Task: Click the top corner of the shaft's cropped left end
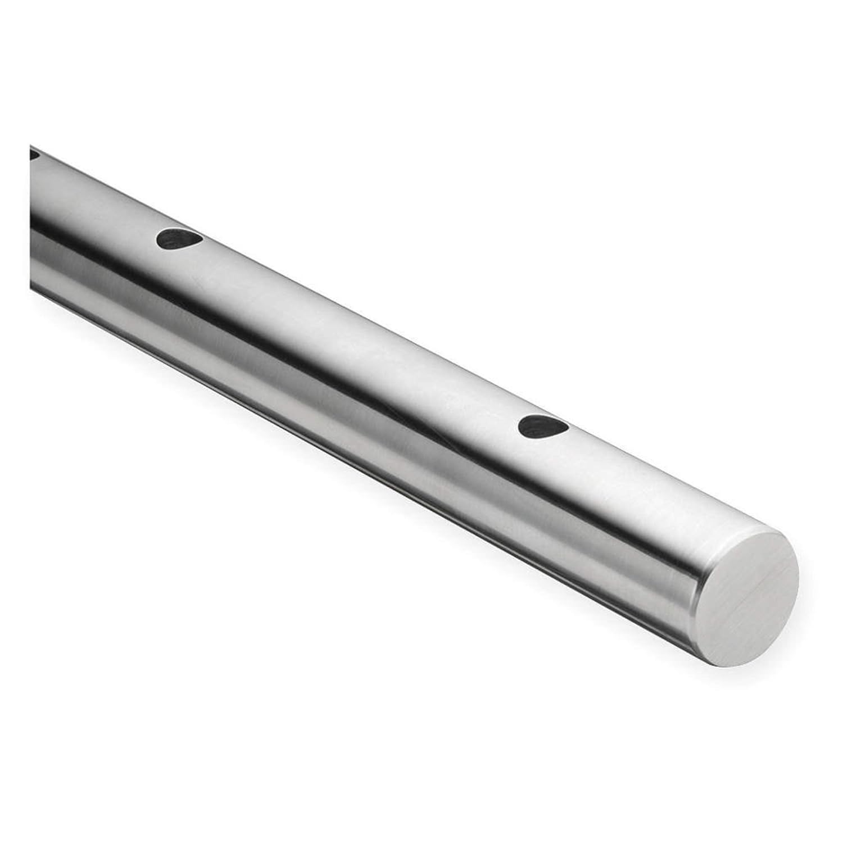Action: pyautogui.click(x=30, y=145)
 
